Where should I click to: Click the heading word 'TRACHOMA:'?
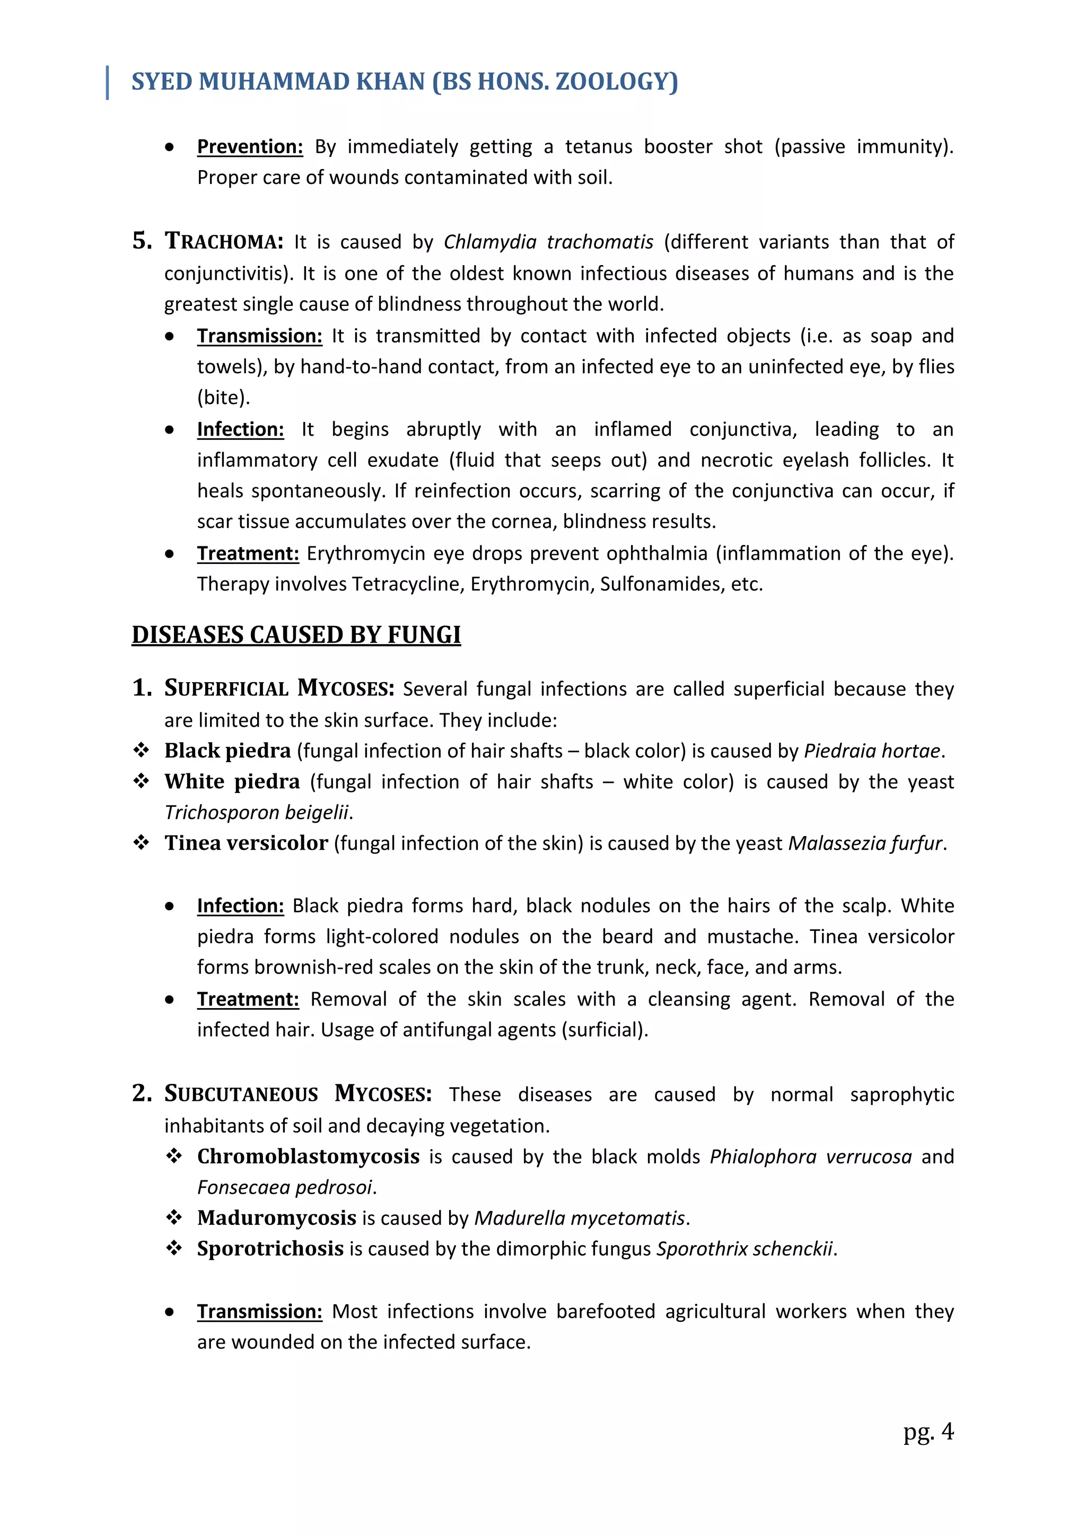click(x=224, y=241)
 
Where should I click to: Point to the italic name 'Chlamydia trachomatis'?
click(x=548, y=241)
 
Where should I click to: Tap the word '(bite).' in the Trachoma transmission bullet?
click(x=223, y=397)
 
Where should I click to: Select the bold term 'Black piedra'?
click(x=227, y=751)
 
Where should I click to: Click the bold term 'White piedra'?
click(x=232, y=781)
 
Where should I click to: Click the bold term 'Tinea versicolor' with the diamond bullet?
click(x=246, y=843)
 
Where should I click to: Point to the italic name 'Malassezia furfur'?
click(x=865, y=843)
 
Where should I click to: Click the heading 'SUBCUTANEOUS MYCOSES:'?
click(x=297, y=1094)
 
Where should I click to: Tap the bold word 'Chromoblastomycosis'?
click(x=308, y=1156)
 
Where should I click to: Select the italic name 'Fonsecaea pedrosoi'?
click(x=285, y=1187)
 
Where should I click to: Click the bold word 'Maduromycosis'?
click(x=276, y=1218)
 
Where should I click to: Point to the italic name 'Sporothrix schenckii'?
click(x=745, y=1249)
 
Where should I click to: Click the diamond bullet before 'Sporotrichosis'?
click(x=174, y=1248)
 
